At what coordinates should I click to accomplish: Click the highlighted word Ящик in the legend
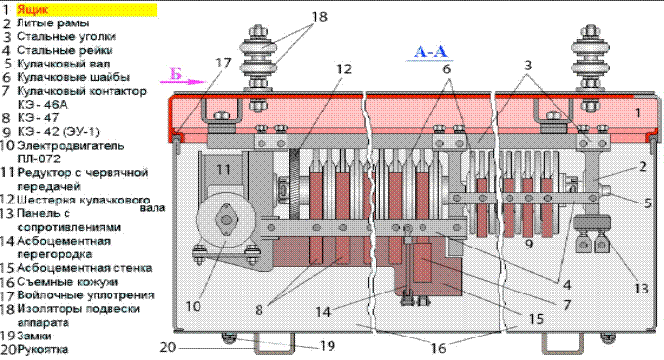(x=32, y=10)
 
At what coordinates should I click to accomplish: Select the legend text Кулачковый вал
(x=64, y=64)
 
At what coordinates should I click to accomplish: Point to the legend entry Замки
(x=34, y=336)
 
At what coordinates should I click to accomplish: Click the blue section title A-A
(x=430, y=51)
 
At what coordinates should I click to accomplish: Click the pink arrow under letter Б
(x=183, y=82)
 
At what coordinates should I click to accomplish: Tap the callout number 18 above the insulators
(x=320, y=17)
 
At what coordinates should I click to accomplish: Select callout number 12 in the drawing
(x=344, y=68)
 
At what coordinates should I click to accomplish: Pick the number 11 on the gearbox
(x=223, y=170)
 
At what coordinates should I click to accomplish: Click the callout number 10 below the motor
(x=193, y=306)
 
